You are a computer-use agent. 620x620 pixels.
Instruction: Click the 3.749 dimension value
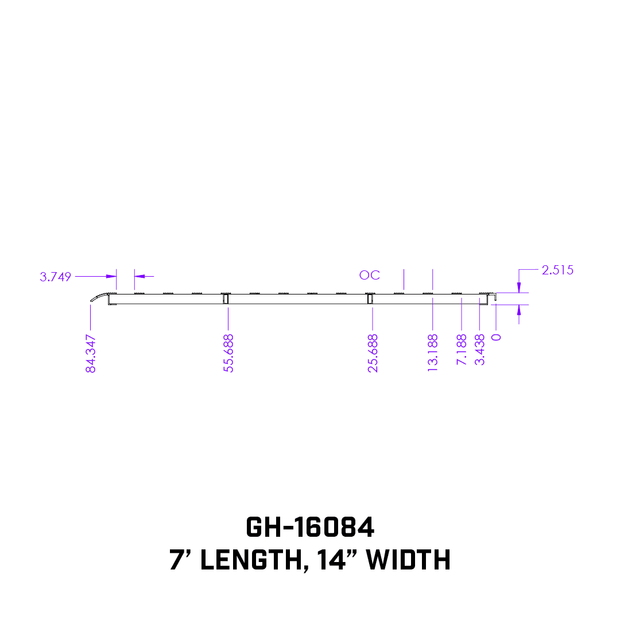56,277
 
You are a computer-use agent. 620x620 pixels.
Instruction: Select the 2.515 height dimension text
557,270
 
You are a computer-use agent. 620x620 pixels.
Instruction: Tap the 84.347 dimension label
91,354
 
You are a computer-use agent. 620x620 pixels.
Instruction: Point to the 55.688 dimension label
228,354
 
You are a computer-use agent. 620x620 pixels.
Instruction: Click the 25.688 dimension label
373,354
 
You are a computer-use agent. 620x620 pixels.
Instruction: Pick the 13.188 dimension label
433,354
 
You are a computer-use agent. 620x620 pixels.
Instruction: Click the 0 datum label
497,337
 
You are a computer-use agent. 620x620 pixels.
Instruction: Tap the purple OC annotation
370,276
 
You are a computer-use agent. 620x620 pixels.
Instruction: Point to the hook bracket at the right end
493,298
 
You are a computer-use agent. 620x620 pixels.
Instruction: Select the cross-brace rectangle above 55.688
226,299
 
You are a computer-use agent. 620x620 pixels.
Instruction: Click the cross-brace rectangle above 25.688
370,299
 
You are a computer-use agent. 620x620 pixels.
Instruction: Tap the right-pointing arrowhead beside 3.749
112,276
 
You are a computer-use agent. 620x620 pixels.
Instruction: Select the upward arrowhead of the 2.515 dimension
519,309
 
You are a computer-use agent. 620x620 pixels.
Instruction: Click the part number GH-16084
310,527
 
